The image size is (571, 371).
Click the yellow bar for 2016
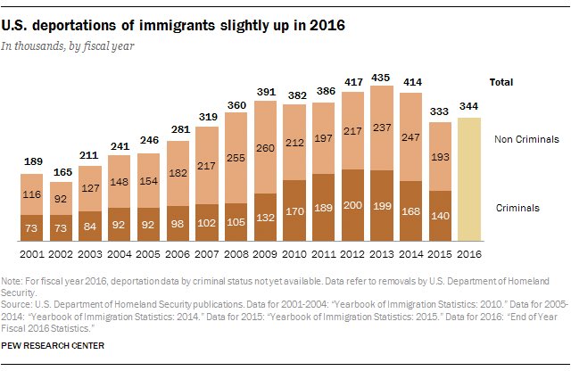(468, 178)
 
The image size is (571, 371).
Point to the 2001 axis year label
(33, 252)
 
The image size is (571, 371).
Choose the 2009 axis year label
(266, 252)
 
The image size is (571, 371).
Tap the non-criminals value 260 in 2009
(266, 148)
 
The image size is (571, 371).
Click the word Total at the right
(501, 82)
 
